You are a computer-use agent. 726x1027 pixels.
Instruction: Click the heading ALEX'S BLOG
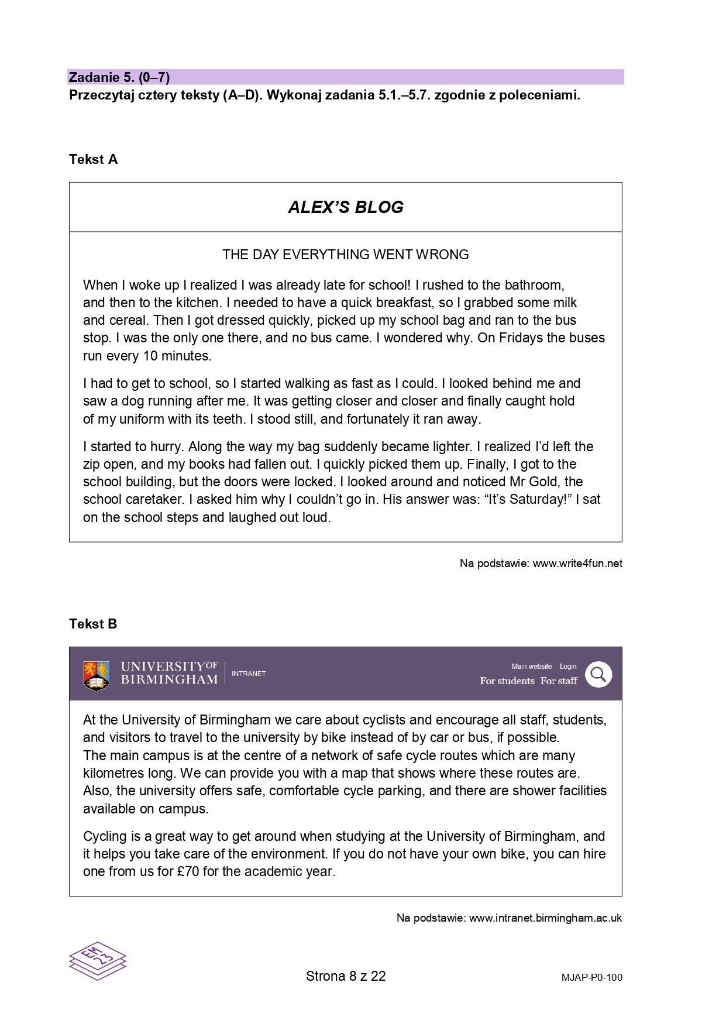pos(345,207)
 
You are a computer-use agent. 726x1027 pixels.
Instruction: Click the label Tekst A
pos(93,160)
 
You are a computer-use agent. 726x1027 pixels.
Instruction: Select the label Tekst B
pos(93,624)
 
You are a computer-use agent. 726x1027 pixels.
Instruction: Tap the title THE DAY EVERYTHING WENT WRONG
pos(345,255)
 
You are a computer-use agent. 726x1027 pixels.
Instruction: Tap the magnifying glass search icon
pos(598,675)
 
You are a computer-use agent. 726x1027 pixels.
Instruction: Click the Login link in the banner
pos(568,667)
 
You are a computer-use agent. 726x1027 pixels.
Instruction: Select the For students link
pos(507,681)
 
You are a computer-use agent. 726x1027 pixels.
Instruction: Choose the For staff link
pos(559,681)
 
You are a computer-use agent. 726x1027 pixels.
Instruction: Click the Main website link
pos(531,667)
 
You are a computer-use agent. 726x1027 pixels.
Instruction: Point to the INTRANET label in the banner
pos(249,674)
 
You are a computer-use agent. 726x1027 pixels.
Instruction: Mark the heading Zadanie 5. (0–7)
pos(119,77)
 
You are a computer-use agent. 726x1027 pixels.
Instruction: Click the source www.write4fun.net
pos(577,564)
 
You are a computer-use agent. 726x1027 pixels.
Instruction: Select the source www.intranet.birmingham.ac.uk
pos(545,918)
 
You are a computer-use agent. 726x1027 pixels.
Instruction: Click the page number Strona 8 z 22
pos(346,976)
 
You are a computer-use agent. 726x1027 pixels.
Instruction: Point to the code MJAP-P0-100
pos(591,977)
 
